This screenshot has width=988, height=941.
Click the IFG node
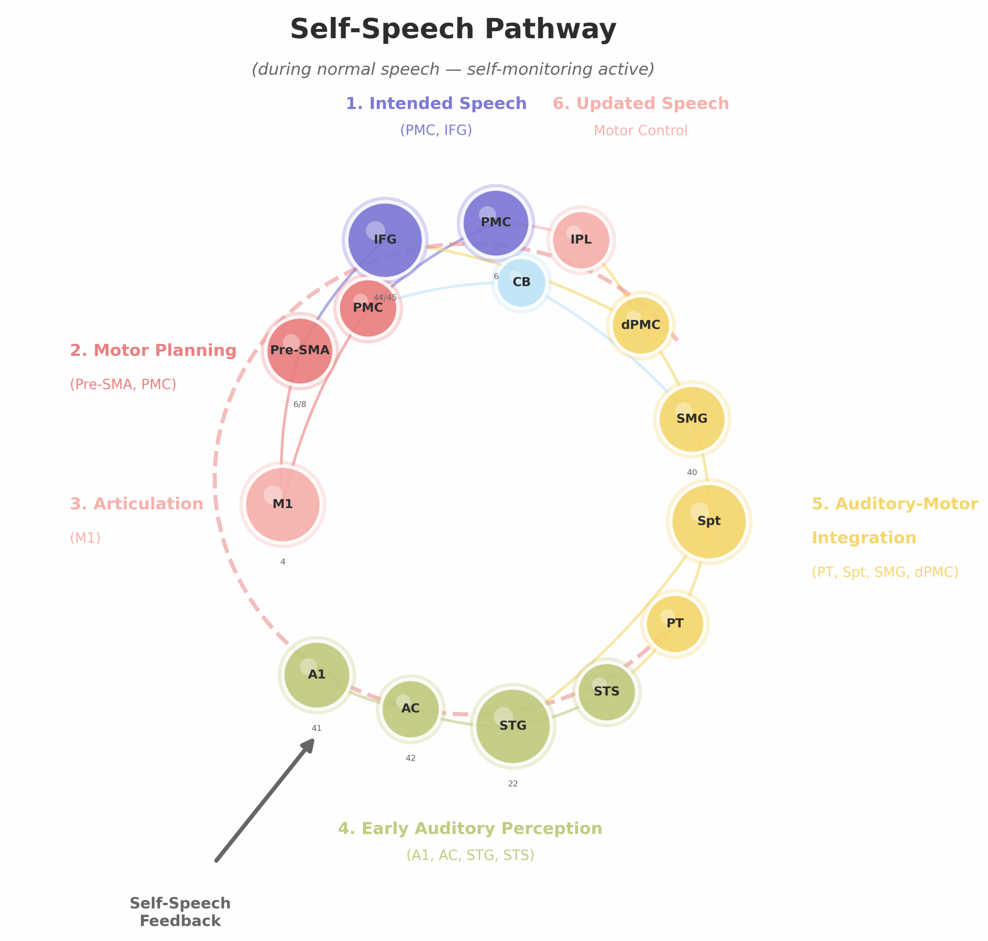(385, 239)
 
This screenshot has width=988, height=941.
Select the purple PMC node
(496, 222)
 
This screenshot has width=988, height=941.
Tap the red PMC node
(368, 308)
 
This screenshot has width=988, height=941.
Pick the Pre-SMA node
(299, 350)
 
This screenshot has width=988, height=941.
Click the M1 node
(283, 504)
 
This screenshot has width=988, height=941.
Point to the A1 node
(316, 674)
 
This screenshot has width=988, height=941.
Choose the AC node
(410, 708)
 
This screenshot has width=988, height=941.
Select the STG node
(513, 725)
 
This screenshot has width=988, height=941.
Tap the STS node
(606, 691)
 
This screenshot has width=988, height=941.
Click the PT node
(675, 623)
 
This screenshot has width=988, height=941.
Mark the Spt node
(709, 521)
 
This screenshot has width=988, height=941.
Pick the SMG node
(692, 418)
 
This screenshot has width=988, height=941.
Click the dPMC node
(640, 325)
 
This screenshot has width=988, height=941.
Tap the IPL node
(581, 239)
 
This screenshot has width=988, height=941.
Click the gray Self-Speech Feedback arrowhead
(309, 745)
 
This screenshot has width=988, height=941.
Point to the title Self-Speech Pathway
(453, 29)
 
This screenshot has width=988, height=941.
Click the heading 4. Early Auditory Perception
(470, 828)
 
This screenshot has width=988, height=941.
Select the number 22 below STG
(513, 784)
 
